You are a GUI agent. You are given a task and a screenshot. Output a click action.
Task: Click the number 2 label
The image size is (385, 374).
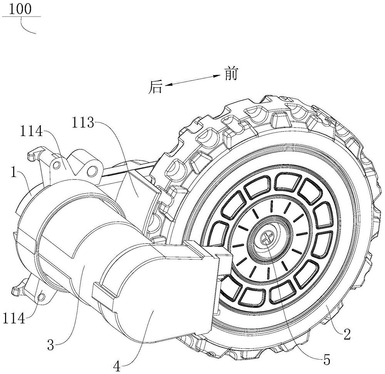(347, 334)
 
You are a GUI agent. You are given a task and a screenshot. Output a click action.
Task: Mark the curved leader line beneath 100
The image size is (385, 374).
(29, 27)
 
